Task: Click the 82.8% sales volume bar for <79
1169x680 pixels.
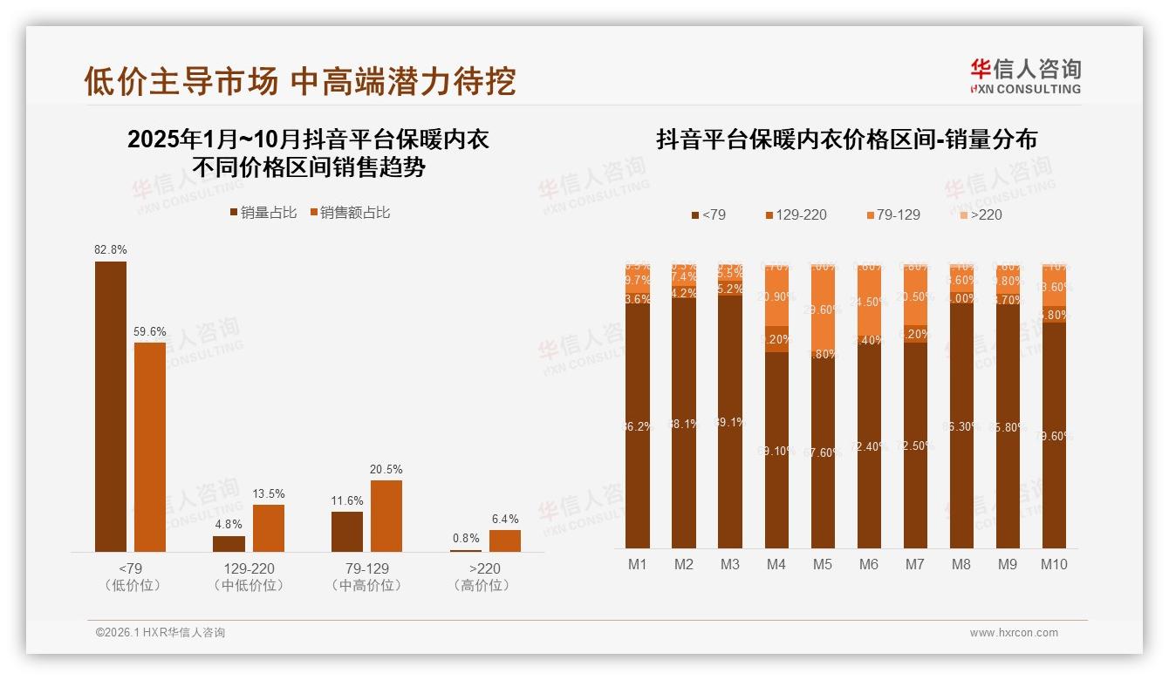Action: (111, 406)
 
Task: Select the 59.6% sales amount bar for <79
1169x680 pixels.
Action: (149, 446)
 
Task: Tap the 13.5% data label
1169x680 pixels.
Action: (269, 494)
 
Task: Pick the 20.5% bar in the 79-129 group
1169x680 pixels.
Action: (386, 515)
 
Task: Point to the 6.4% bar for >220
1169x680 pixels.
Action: (504, 541)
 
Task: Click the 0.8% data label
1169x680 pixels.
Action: (466, 539)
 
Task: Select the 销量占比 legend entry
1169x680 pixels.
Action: (263, 213)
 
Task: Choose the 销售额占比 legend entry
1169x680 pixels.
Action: (350, 213)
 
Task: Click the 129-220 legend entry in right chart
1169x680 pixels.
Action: (796, 214)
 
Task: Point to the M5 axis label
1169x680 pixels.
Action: (822, 564)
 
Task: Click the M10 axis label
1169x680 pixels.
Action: (1054, 564)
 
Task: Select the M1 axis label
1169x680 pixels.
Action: (638, 564)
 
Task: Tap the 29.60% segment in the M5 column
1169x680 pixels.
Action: (823, 309)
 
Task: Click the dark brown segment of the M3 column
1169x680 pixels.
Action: (730, 421)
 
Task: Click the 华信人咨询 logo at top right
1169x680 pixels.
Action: (1025, 76)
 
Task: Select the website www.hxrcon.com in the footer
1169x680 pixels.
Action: (1014, 633)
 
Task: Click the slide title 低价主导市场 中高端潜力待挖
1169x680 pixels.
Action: (300, 81)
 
